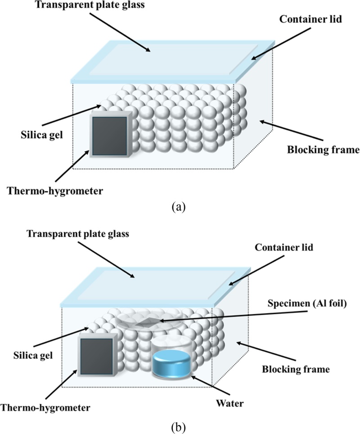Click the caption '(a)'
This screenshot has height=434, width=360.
(x=180, y=207)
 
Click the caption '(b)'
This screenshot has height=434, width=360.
(x=180, y=425)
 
